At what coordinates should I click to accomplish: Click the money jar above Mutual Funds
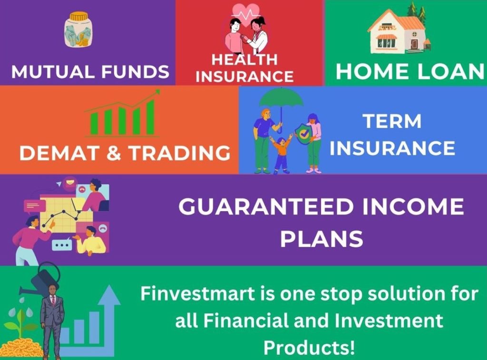(x=78, y=30)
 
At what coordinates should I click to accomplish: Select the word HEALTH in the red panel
(x=244, y=59)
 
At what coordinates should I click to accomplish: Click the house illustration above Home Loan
(x=398, y=30)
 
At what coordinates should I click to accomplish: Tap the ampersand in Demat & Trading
(x=114, y=153)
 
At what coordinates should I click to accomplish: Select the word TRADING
(x=180, y=153)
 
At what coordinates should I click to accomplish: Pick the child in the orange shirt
(x=282, y=154)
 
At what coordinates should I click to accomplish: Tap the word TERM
(x=392, y=121)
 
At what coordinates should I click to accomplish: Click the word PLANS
(x=322, y=239)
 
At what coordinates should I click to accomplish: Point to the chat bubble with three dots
(x=62, y=244)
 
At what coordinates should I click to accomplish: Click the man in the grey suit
(x=52, y=320)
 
